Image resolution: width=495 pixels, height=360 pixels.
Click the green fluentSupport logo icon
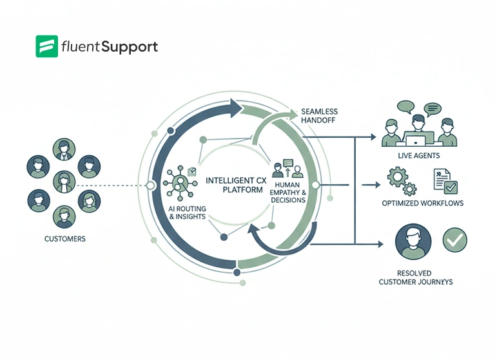pyautogui.click(x=47, y=47)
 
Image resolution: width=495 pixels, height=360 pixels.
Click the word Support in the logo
pyautogui.click(x=132, y=47)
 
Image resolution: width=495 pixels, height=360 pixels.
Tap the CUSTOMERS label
pyautogui.click(x=64, y=239)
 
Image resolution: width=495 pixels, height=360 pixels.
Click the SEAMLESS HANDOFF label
pyautogui.click(x=319, y=116)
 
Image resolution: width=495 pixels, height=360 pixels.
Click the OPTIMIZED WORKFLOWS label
pyautogui.click(x=422, y=204)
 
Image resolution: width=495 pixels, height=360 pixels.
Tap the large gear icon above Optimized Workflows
pyautogui.click(x=395, y=176)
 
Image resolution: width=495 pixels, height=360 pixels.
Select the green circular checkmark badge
pyautogui.click(x=454, y=240)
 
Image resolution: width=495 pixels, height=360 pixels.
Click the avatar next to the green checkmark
pyautogui.click(x=412, y=243)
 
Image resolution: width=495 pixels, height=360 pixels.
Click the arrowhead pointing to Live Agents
pyautogui.click(x=372, y=137)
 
